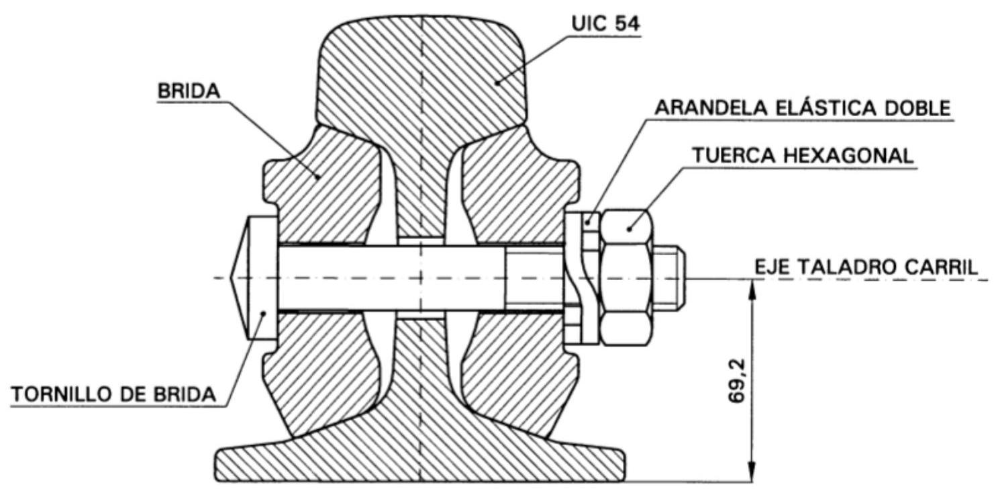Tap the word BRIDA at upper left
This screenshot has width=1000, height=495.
point(189,91)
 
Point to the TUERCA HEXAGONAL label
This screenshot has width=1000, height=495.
point(803,156)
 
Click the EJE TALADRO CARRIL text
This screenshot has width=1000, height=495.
point(866,267)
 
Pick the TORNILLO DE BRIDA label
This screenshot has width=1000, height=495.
point(113,394)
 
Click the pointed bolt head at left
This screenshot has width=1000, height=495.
point(254,279)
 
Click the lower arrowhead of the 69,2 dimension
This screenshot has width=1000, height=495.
point(752,472)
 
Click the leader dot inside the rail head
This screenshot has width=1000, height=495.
point(497,83)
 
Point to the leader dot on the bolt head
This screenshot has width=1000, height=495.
point(264,313)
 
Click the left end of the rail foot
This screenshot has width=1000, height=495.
point(216,465)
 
